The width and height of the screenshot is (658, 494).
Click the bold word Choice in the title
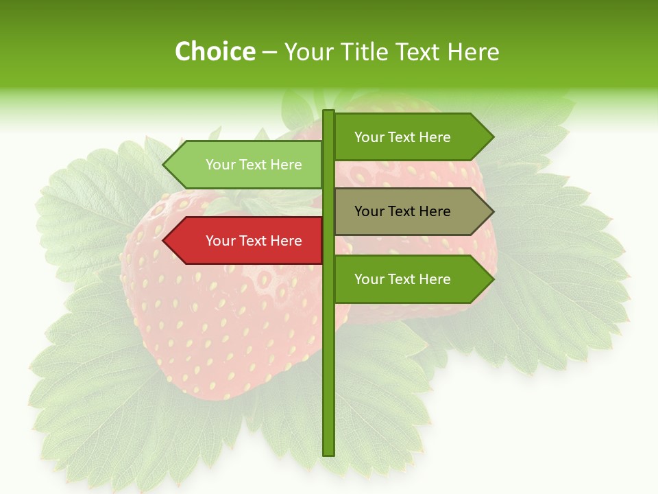point(215,52)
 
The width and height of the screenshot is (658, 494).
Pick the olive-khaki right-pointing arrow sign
point(408,211)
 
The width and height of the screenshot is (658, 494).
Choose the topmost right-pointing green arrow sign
point(408,137)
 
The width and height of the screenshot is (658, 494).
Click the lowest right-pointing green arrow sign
point(408,279)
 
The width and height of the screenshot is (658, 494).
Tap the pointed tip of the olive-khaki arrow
point(493,211)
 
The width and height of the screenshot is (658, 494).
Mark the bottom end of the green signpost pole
point(329,454)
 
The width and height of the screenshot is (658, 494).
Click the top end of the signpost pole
point(329,112)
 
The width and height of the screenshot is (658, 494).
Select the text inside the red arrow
point(254,241)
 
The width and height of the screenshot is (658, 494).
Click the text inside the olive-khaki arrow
point(402,211)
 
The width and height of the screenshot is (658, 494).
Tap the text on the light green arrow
point(254,165)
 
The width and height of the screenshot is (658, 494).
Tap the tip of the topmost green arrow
point(493,137)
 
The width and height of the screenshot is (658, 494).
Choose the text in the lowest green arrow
point(402,279)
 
